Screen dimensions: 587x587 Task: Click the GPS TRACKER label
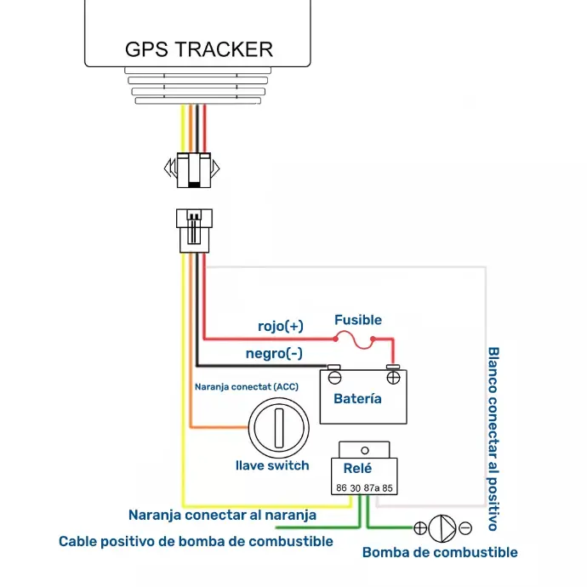(x=199, y=49)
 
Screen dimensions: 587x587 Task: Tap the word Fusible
(x=358, y=320)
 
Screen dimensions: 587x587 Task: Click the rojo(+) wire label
(x=281, y=326)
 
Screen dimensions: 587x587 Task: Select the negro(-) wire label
(x=274, y=353)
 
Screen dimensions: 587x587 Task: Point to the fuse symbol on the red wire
(x=354, y=340)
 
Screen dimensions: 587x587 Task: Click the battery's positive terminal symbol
(x=393, y=378)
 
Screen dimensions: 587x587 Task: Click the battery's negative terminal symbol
(x=334, y=378)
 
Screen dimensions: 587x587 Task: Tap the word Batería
(x=357, y=398)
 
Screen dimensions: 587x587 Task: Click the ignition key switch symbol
(x=278, y=428)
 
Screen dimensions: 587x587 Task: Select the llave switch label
(x=272, y=465)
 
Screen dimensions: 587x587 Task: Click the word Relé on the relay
(x=357, y=468)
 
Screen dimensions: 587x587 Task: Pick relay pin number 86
(x=341, y=487)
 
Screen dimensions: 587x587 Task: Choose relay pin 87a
(x=372, y=487)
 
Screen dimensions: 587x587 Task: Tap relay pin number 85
(x=387, y=487)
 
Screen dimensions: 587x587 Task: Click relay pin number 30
(x=355, y=488)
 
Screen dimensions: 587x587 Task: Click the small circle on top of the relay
(x=365, y=451)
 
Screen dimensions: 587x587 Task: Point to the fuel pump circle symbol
(x=442, y=528)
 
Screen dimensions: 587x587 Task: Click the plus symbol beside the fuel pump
(x=420, y=528)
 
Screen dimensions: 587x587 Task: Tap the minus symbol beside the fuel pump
(x=465, y=528)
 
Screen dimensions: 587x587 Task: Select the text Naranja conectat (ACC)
(x=247, y=387)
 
